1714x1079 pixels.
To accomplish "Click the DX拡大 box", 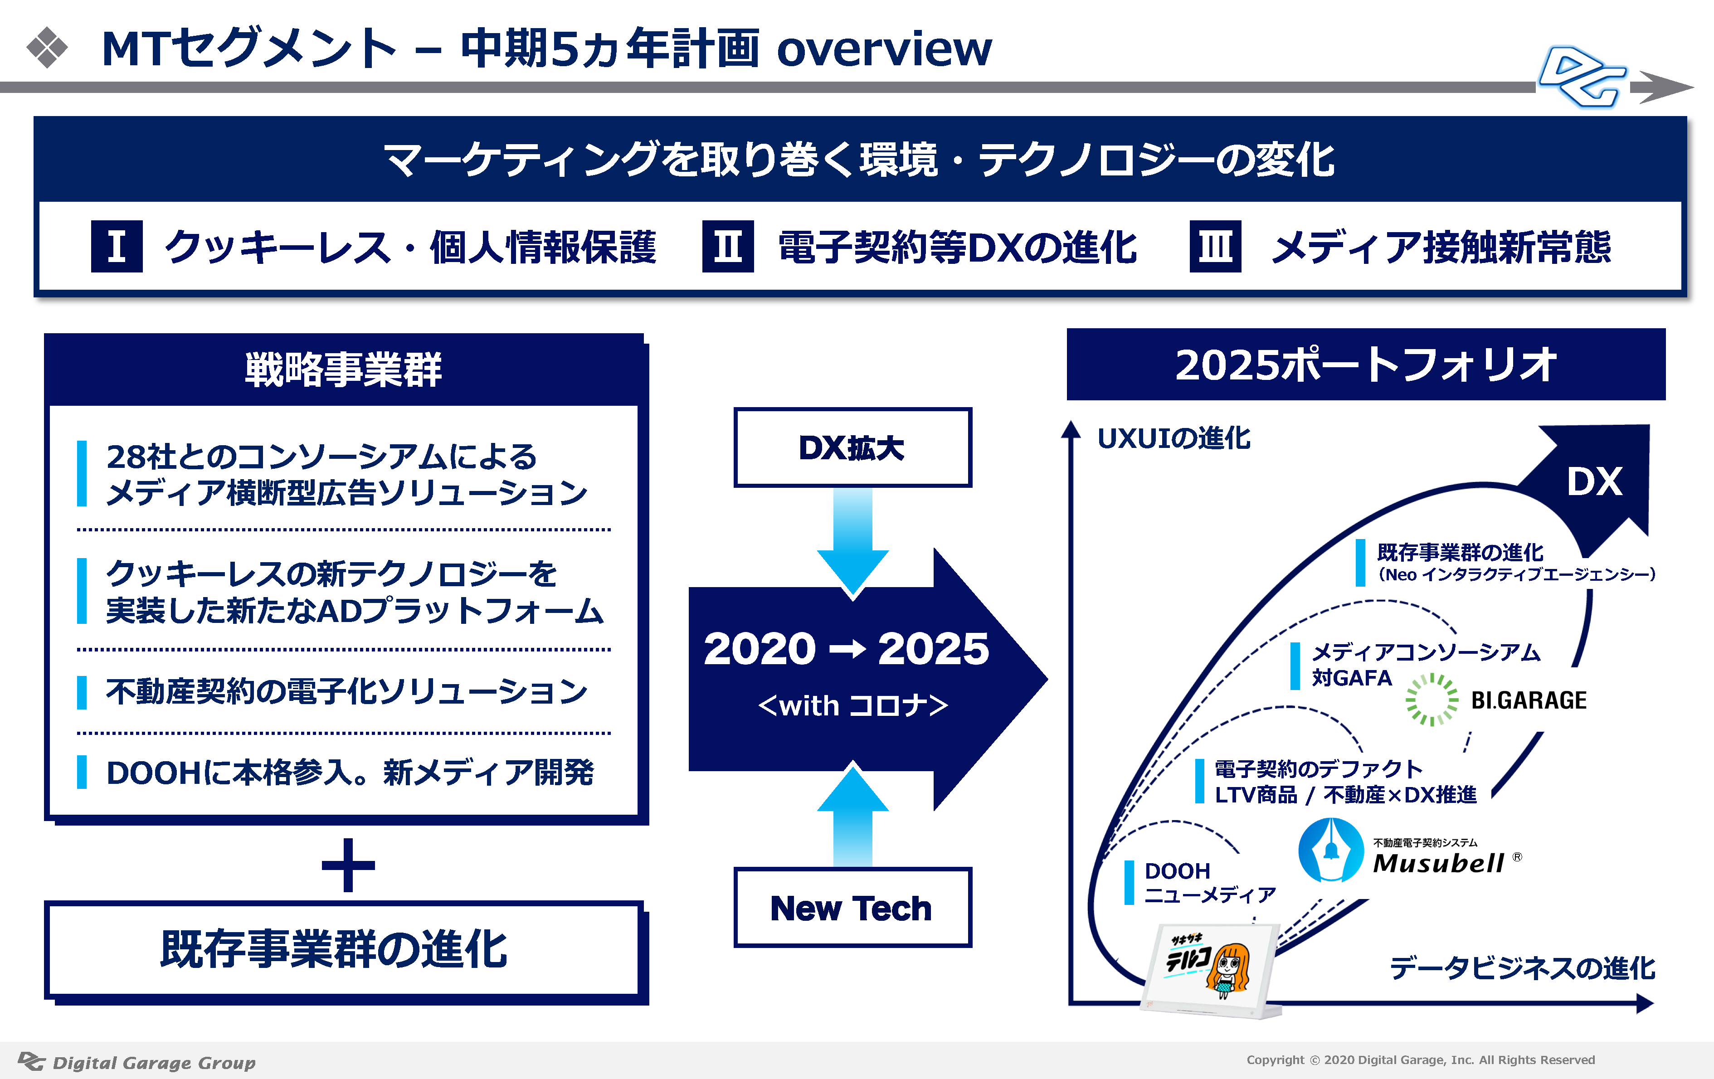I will pyautogui.click(x=852, y=447).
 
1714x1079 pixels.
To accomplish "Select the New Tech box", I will pyautogui.click(x=852, y=908).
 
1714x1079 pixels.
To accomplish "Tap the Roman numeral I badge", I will pyautogui.click(x=117, y=246).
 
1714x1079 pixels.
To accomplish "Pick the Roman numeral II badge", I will pyautogui.click(x=727, y=246).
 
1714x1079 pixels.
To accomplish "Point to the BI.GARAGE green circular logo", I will pyautogui.click(x=1432, y=700).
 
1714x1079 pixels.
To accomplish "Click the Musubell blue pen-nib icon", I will pyautogui.click(x=1330, y=850).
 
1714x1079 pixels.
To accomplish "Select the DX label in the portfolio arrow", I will pyautogui.click(x=1594, y=482).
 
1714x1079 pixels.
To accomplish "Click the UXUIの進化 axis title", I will pyautogui.click(x=1174, y=438).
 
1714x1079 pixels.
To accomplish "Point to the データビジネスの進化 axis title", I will pyautogui.click(x=1522, y=968).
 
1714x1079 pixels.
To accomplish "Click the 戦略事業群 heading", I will pyautogui.click(x=344, y=369).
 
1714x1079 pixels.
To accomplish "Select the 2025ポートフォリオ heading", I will pyautogui.click(x=1365, y=365).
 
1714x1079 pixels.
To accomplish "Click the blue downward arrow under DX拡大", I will pyautogui.click(x=852, y=541).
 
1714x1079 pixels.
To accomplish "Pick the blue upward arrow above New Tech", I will pyautogui.click(x=852, y=815).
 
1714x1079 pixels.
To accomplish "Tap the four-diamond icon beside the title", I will pyautogui.click(x=47, y=48).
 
